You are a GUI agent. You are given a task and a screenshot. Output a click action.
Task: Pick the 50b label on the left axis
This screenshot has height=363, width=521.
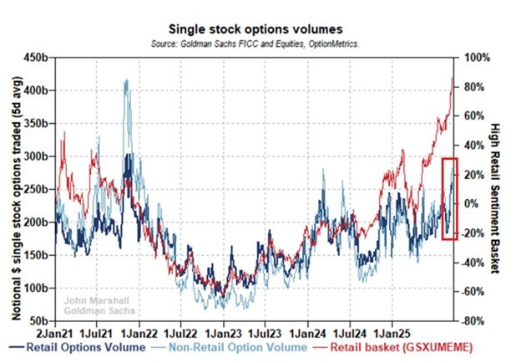click(x=38, y=320)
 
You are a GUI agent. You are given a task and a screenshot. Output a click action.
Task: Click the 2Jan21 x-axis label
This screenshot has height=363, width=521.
click(x=54, y=331)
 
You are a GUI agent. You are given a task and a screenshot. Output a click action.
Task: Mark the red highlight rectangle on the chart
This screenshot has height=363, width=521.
click(x=449, y=198)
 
